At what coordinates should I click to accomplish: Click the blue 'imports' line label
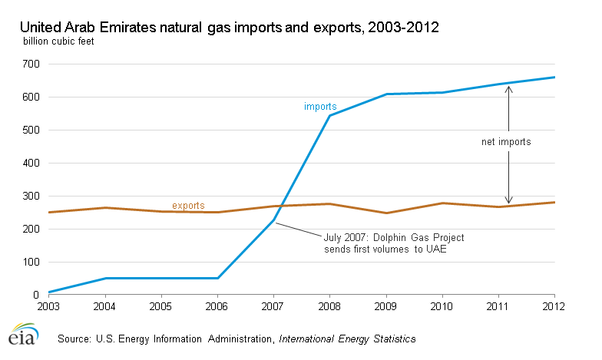point(320,107)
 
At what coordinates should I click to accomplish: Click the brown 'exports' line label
point(188,206)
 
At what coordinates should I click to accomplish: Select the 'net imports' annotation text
point(501,142)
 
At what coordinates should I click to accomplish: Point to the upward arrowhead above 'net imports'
point(508,89)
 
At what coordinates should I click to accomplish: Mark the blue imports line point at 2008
point(330,116)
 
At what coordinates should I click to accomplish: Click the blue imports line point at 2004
point(104,278)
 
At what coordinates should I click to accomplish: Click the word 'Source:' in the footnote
point(74,338)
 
